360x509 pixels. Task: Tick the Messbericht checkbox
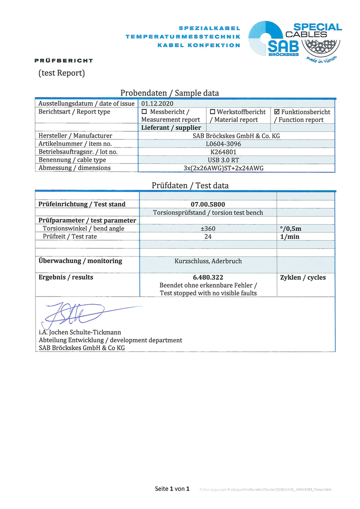pos(144,112)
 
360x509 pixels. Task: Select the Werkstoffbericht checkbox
pos(213,112)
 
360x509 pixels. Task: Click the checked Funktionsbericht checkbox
pos(277,112)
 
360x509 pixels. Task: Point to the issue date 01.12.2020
pos(157,104)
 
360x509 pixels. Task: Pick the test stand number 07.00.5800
pos(207,204)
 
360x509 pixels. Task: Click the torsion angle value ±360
pos(207,229)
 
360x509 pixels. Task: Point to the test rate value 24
pos(207,237)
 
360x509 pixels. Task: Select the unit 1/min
pos(290,237)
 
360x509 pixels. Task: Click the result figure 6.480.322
pos(207,277)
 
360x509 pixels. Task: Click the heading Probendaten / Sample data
pos(170,93)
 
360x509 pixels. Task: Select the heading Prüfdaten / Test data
pos(190,185)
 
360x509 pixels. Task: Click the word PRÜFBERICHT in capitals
pos(63,61)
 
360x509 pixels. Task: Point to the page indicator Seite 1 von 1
pos(172,489)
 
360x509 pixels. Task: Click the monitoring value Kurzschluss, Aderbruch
pos(207,261)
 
